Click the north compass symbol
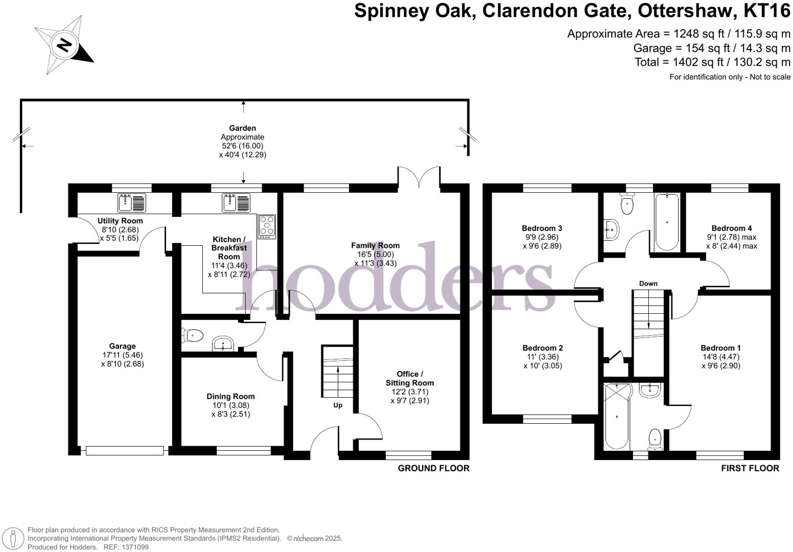[x=63, y=45]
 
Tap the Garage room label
[x=122, y=346]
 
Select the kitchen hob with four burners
[x=267, y=226]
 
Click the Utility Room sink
[x=132, y=202]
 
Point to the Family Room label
[x=375, y=245]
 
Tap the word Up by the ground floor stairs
[x=338, y=405]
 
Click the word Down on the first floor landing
[x=648, y=283]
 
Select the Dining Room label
[x=230, y=396]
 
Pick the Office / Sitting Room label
[x=409, y=378]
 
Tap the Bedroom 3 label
[x=542, y=228]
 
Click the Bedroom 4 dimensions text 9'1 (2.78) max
[x=732, y=237]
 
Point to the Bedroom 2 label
[x=542, y=348]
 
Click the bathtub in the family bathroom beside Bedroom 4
[x=667, y=221]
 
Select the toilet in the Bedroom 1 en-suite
[x=655, y=439]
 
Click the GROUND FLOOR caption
[x=433, y=468]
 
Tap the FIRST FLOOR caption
[x=750, y=468]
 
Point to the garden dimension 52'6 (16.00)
[x=242, y=146]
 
